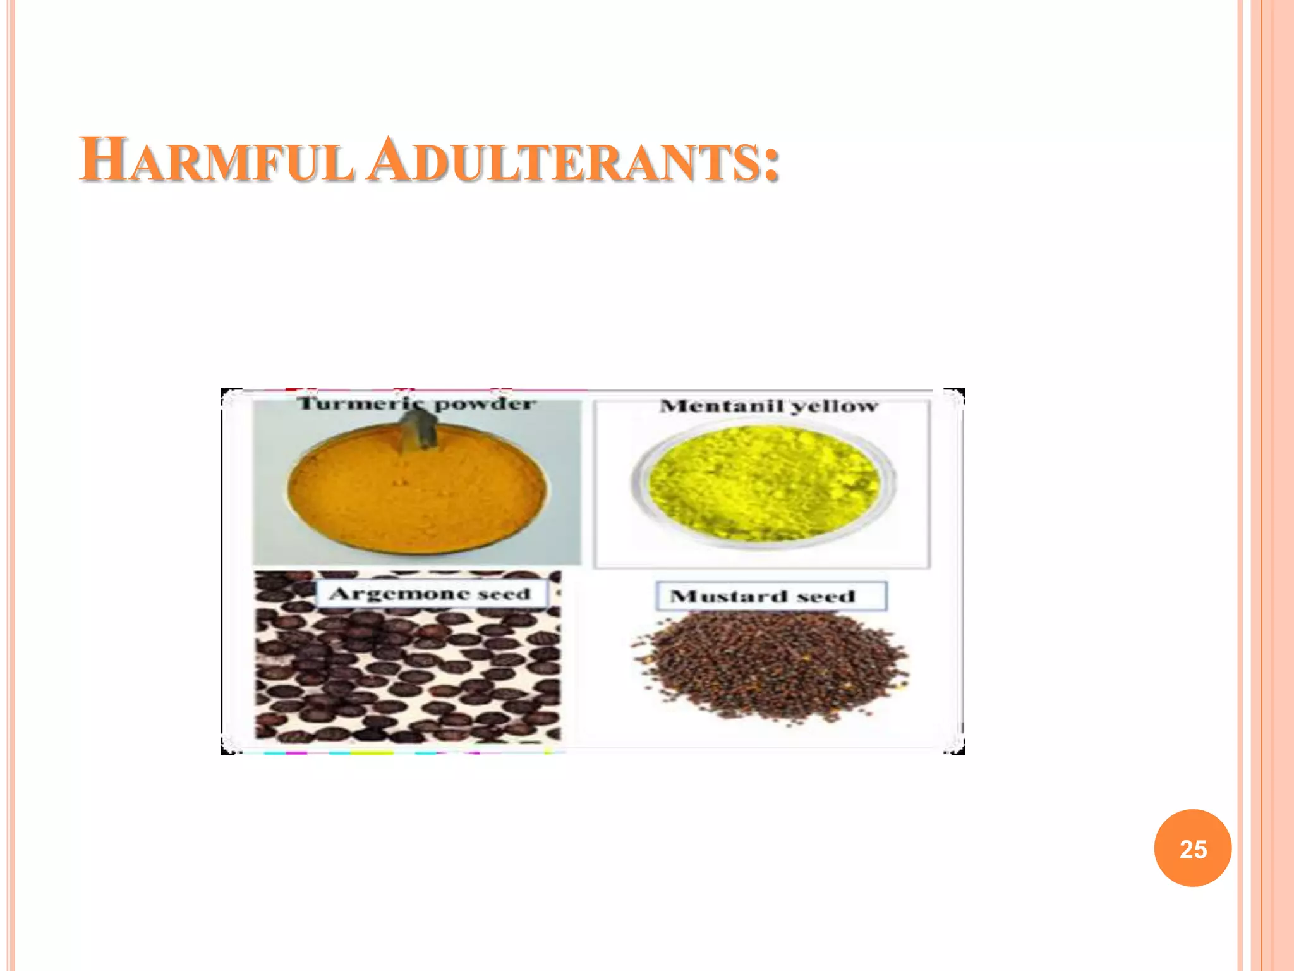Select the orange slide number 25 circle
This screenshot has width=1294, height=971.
point(1192,848)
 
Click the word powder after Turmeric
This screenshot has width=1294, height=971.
point(485,405)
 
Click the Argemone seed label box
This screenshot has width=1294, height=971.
point(431,594)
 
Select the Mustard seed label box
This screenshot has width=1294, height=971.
point(771,595)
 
